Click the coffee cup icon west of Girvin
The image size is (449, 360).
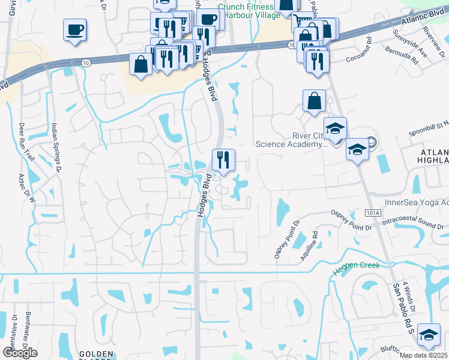coord(75,29)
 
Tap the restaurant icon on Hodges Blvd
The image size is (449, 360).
coord(223,160)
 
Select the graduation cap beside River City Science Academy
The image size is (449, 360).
coord(336,128)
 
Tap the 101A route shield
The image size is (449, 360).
coord(373,213)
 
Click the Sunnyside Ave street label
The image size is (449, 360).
coord(400,43)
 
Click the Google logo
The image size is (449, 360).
coord(20,352)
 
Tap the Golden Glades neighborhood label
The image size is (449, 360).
coord(96,355)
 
